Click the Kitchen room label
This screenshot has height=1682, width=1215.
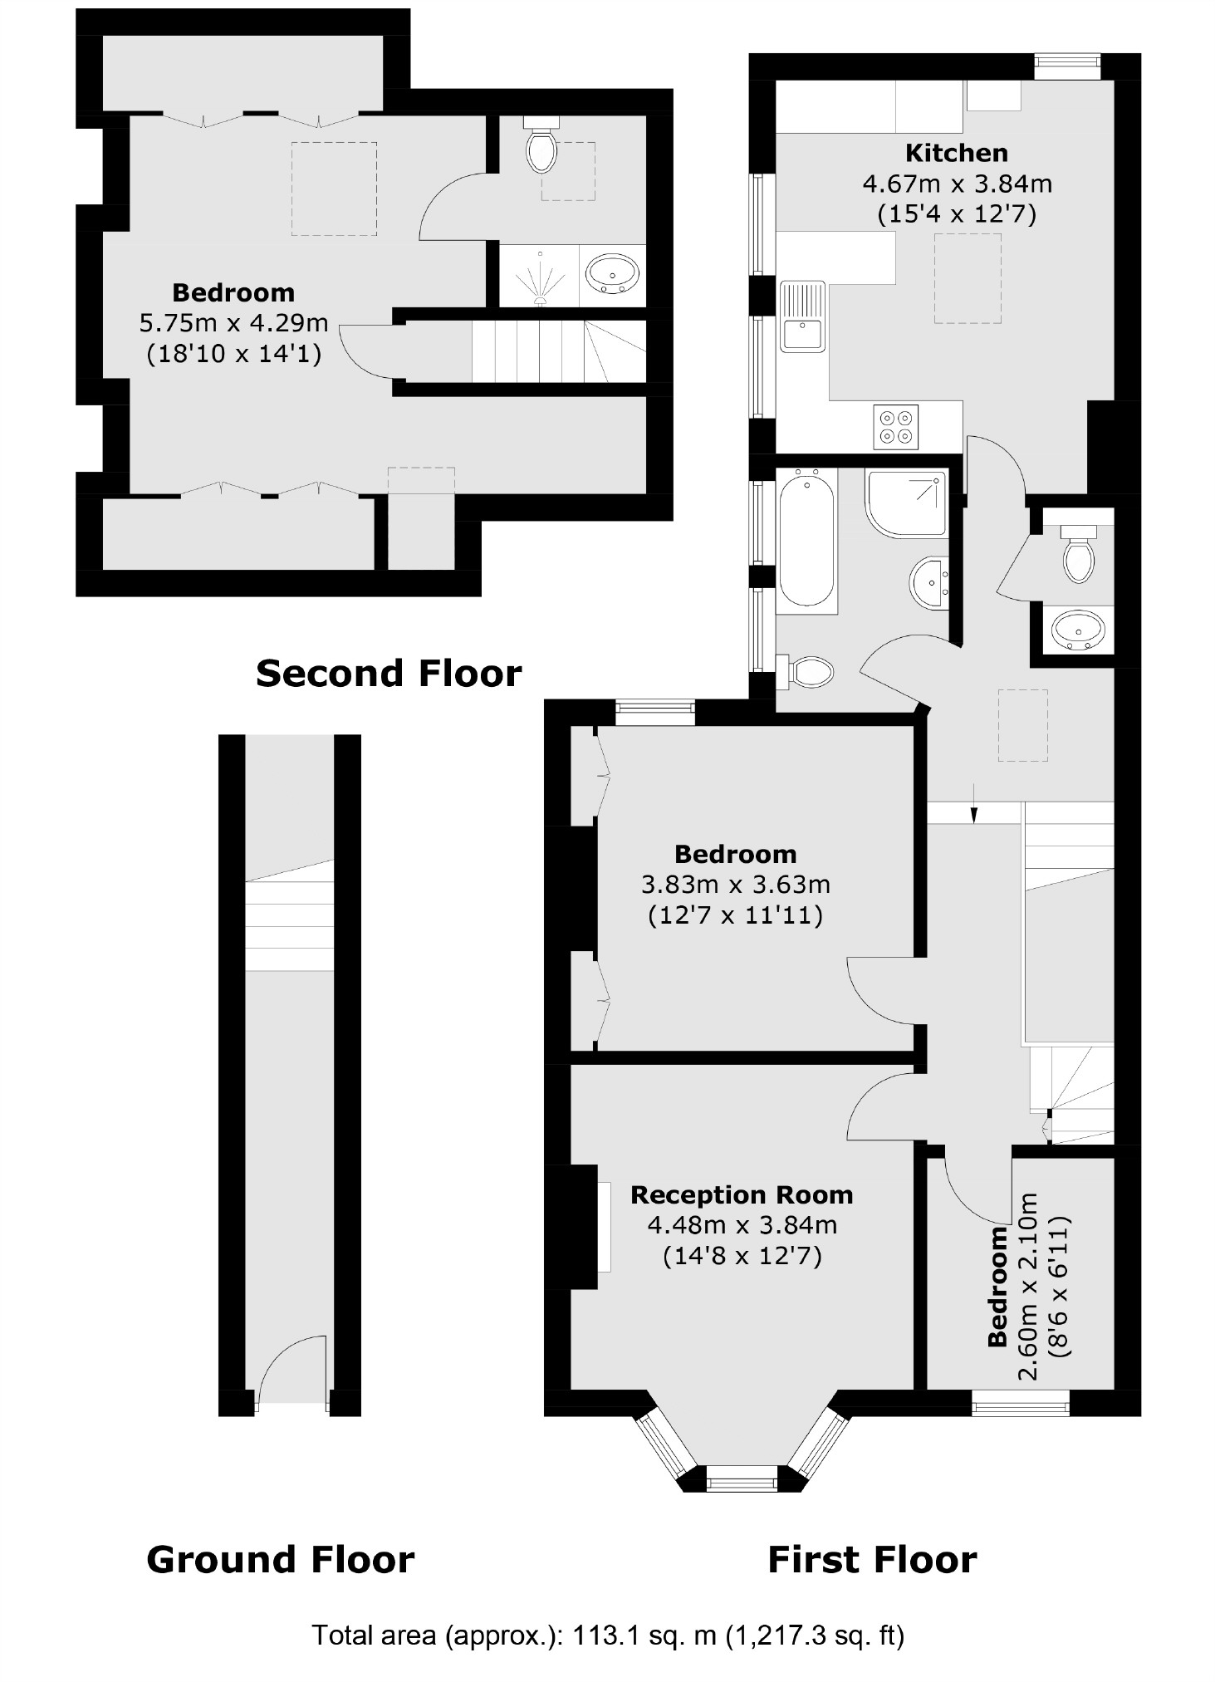coord(956,153)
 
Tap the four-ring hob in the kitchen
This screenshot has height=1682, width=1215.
coord(896,426)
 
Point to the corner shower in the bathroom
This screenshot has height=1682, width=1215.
coord(906,503)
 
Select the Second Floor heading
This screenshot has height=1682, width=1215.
coord(389,673)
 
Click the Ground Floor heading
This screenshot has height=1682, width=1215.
coord(280,1560)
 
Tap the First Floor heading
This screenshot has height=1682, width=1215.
coord(872,1560)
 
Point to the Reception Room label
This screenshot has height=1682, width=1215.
coord(742,1195)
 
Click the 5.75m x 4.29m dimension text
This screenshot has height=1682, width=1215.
coord(233,323)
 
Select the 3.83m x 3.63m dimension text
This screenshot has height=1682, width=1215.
coord(735,885)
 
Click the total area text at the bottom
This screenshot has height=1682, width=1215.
coord(607,1635)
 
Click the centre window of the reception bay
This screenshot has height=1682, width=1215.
coord(741,1478)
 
